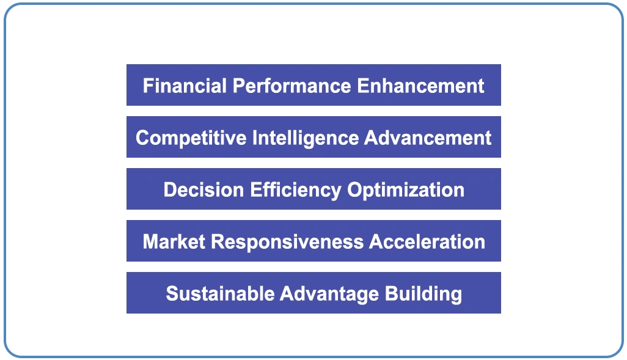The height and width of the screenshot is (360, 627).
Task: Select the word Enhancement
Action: pos(420,86)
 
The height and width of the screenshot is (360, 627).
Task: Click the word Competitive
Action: pos(191,138)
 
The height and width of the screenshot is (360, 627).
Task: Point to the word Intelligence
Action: pos(306,138)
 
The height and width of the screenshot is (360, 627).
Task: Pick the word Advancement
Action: pos(428,138)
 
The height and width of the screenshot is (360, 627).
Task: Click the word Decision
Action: pos(204,189)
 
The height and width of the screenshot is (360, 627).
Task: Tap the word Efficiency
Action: pos(296,189)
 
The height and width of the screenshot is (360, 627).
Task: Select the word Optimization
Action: pos(406,189)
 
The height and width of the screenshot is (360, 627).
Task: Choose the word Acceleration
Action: pos(427,241)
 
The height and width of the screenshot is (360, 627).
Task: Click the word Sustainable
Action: pos(220,293)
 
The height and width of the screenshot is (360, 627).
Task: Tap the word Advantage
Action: pos(329,293)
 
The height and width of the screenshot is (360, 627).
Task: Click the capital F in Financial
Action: pos(147,86)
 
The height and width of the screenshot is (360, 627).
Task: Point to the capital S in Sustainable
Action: pos(172,293)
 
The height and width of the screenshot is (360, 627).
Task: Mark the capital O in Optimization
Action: pos(354,189)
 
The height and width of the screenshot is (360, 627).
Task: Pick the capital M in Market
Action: pos(150,241)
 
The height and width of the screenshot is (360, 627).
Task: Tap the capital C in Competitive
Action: pos(142,138)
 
